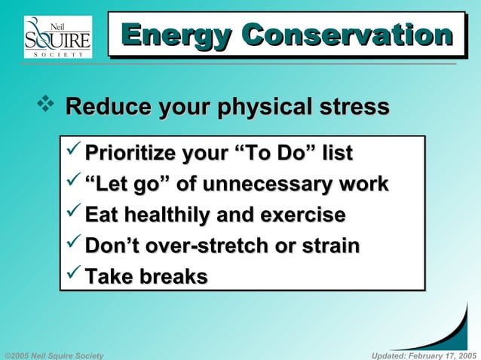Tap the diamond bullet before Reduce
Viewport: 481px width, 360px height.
pyautogui.click(x=44, y=106)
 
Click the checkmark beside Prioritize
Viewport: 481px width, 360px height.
pyautogui.click(x=73, y=153)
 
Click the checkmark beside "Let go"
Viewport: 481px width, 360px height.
pyautogui.click(x=73, y=184)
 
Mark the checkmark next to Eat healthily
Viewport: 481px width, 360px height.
pyautogui.click(x=73, y=215)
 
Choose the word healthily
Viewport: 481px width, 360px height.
pyautogui.click(x=167, y=215)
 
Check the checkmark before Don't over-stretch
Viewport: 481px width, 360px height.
pyautogui.click(x=73, y=246)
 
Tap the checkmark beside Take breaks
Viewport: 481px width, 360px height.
pyautogui.click(x=73, y=276)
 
